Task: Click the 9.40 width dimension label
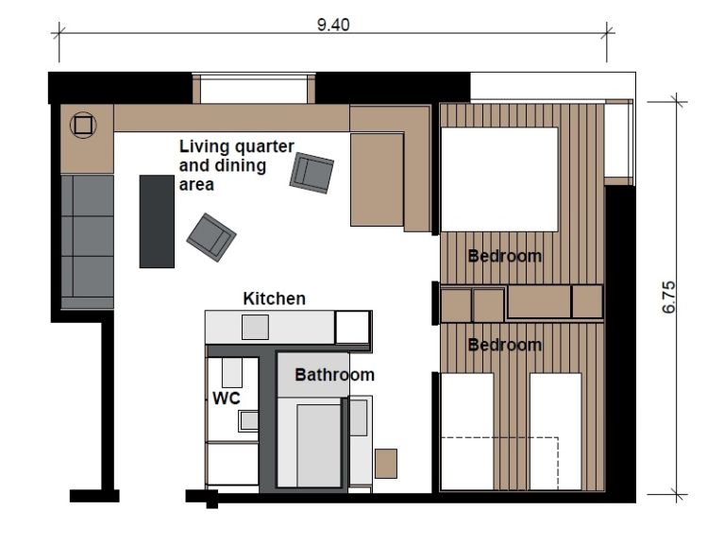tap(333, 25)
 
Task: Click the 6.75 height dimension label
tap(668, 297)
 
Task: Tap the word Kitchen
tap(275, 298)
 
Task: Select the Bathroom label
tap(334, 375)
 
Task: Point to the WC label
tap(227, 398)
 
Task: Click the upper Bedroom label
tap(505, 256)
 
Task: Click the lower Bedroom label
tap(505, 345)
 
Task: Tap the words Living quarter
tap(236, 146)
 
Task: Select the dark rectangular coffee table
tap(157, 221)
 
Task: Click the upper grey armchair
tap(311, 173)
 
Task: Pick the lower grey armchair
tap(211, 237)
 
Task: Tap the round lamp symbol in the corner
tap(83, 125)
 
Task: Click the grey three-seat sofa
tap(87, 242)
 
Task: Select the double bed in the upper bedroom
tap(499, 179)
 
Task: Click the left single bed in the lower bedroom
tap(467, 432)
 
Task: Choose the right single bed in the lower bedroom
tap(555, 432)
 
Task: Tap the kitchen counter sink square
tap(256, 327)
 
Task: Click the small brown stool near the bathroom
tap(386, 464)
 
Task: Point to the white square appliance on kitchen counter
tap(352, 327)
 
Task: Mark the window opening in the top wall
tap(254, 88)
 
